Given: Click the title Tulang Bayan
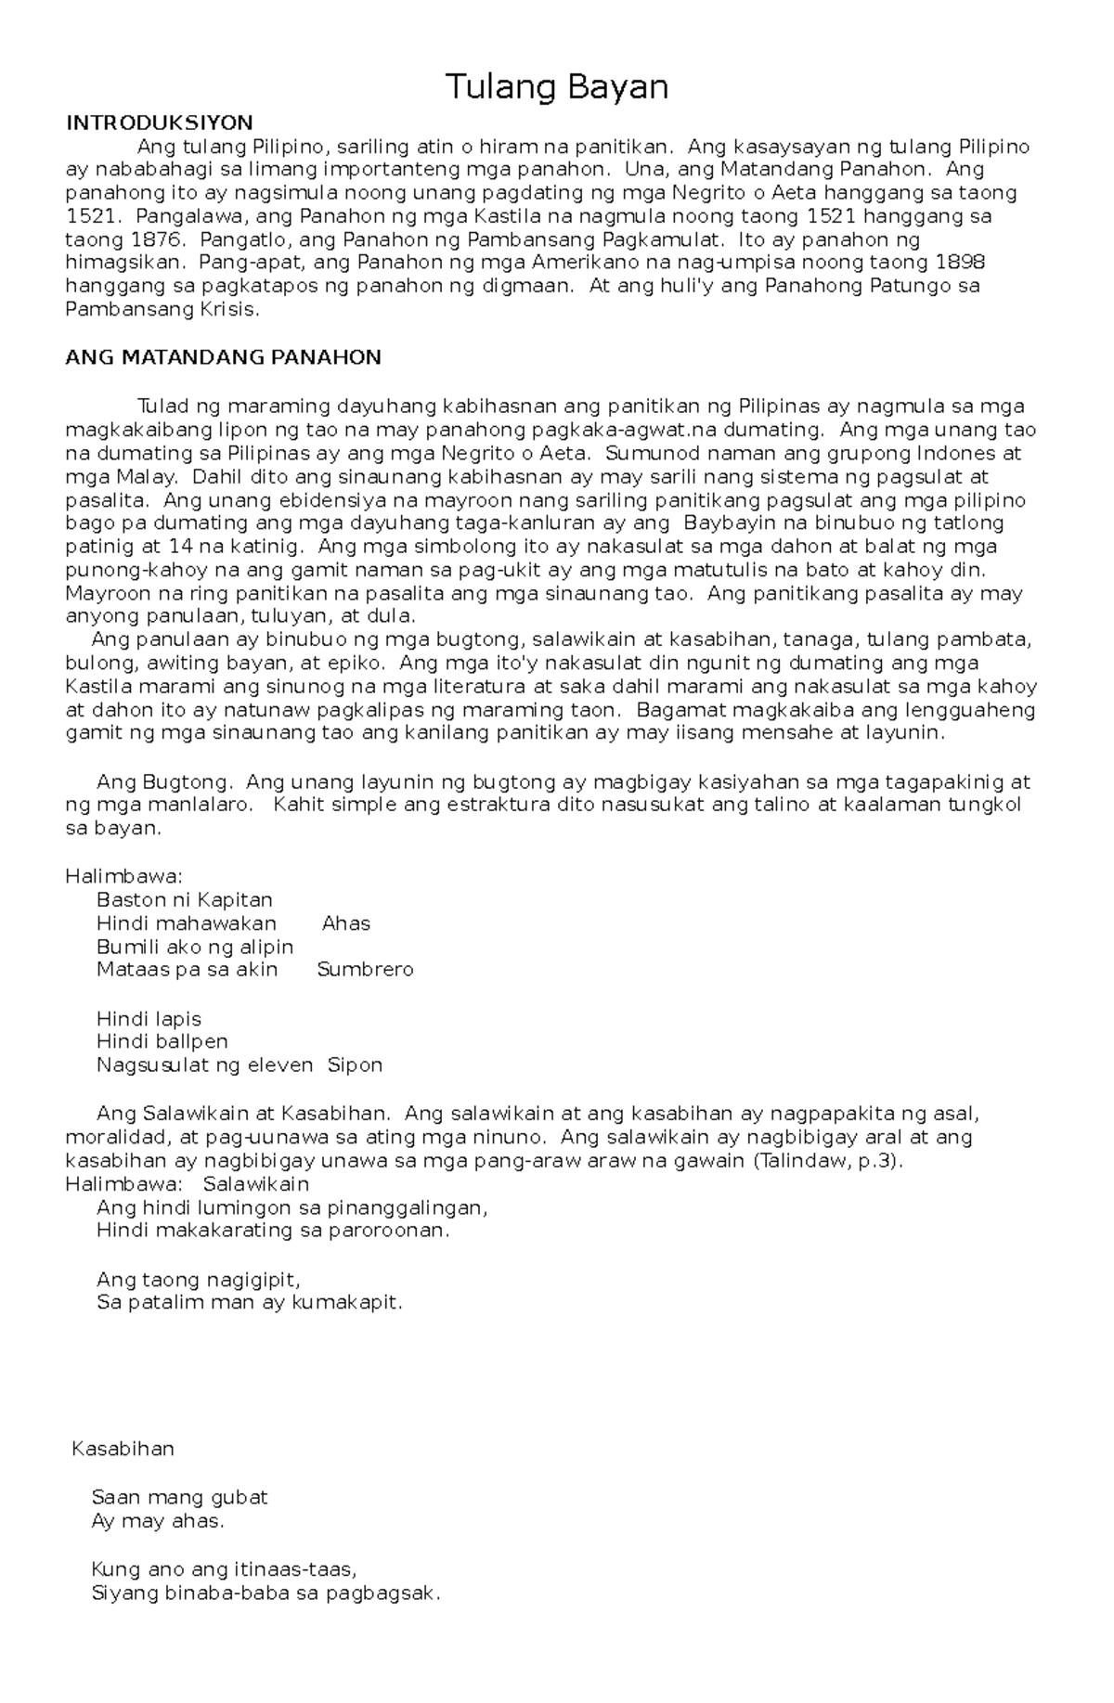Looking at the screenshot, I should (x=557, y=87).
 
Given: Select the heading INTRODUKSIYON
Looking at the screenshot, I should (x=159, y=123).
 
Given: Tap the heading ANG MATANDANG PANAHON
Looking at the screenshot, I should (x=223, y=358).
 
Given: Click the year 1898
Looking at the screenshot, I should (x=961, y=263).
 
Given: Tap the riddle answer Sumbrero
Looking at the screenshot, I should (x=365, y=970).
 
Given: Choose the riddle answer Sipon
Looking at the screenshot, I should (x=355, y=1064).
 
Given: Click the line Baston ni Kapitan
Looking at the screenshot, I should (x=184, y=900).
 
